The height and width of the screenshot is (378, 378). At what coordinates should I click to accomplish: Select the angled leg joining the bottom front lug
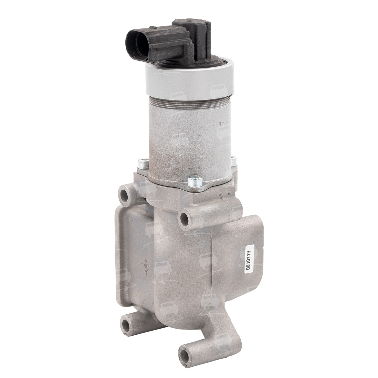click(x=213, y=333)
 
